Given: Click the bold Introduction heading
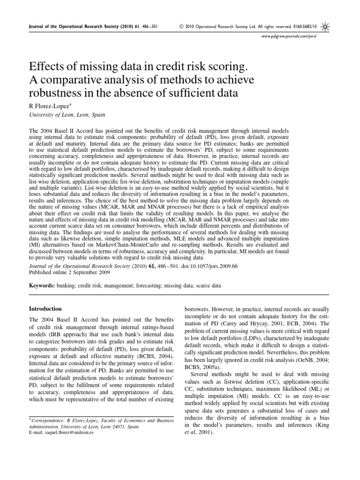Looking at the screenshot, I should pos(45,309).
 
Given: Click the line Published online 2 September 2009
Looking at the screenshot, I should pos(64,271).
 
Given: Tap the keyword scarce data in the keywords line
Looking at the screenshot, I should pos(205,285).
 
